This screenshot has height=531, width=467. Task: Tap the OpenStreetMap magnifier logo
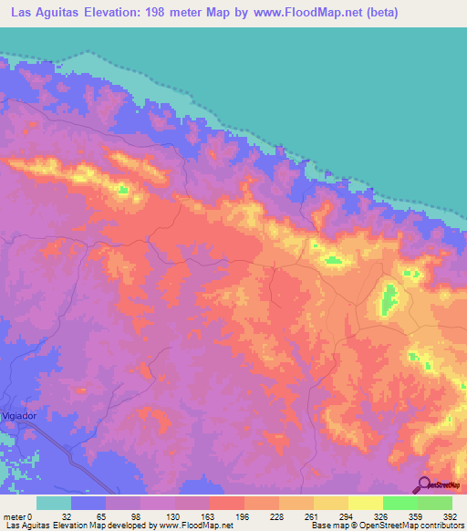425,484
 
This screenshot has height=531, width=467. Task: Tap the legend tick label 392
448,515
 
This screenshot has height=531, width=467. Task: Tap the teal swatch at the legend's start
54,503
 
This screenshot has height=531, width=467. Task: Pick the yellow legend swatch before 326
365,503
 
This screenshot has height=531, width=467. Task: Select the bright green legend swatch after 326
400,503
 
